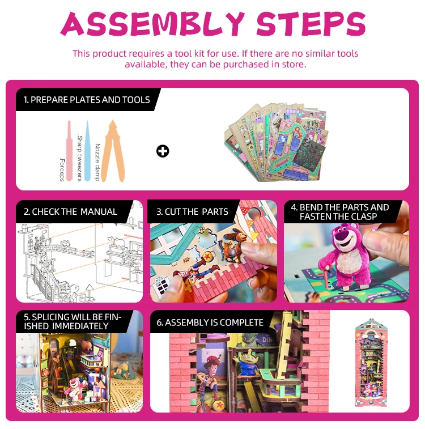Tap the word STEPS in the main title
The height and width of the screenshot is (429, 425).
pos(311,24)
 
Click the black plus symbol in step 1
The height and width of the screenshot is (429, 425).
pos(163,151)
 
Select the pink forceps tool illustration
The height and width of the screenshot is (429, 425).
pos(69,151)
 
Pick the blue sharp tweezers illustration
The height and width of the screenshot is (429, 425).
pos(87,151)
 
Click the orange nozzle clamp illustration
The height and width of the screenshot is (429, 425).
pos(113,151)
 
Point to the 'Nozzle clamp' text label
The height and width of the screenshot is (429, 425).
pos(97,162)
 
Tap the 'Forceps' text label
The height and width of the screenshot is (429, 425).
pos(62,169)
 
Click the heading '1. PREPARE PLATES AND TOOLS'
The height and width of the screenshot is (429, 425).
pos(87,100)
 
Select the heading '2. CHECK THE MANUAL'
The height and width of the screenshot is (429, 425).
pos(70,212)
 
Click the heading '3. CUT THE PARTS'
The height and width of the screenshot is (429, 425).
pos(192,212)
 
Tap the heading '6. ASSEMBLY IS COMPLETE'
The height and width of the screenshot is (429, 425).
pos(210,322)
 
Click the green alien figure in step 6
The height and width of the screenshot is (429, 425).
pos(248,361)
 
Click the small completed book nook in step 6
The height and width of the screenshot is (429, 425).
pos(371,363)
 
